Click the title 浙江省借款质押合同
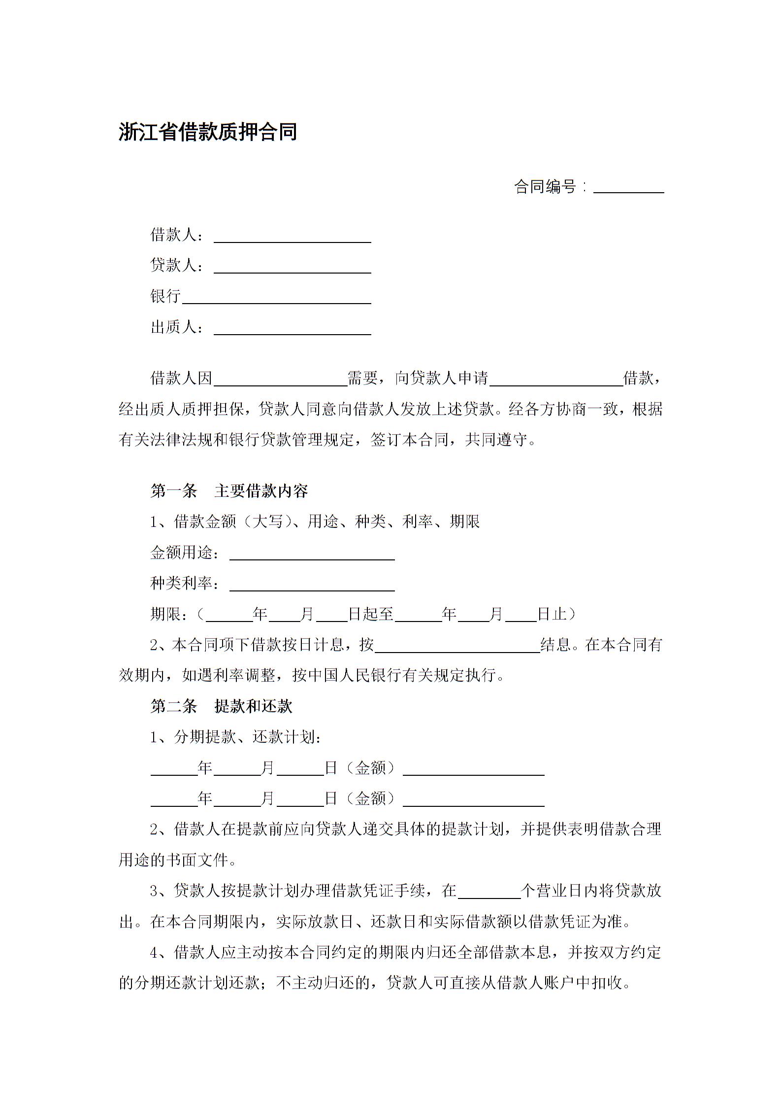207,132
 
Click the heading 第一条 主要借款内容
229,491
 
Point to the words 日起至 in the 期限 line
371,614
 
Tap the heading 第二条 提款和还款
221,706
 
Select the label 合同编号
545,187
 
